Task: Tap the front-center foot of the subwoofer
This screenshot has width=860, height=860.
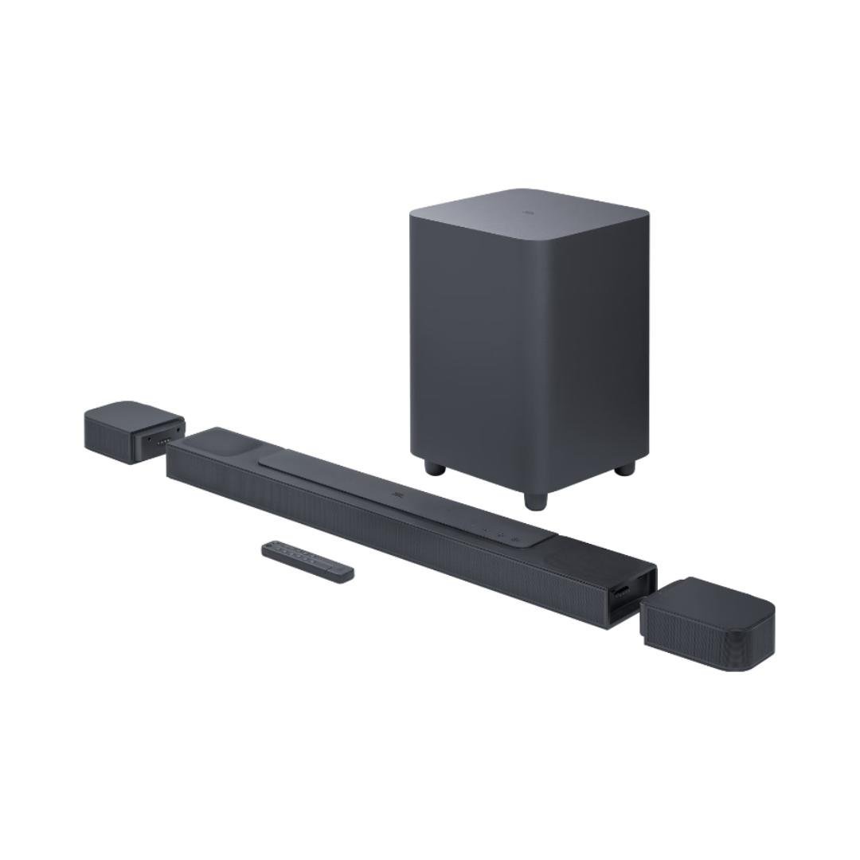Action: [x=535, y=501]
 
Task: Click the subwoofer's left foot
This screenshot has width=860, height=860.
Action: [x=435, y=467]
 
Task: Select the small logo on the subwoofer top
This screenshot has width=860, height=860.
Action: [x=527, y=213]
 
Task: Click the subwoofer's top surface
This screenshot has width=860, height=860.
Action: [x=529, y=206]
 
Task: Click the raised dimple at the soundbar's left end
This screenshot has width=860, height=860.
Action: [x=219, y=441]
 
